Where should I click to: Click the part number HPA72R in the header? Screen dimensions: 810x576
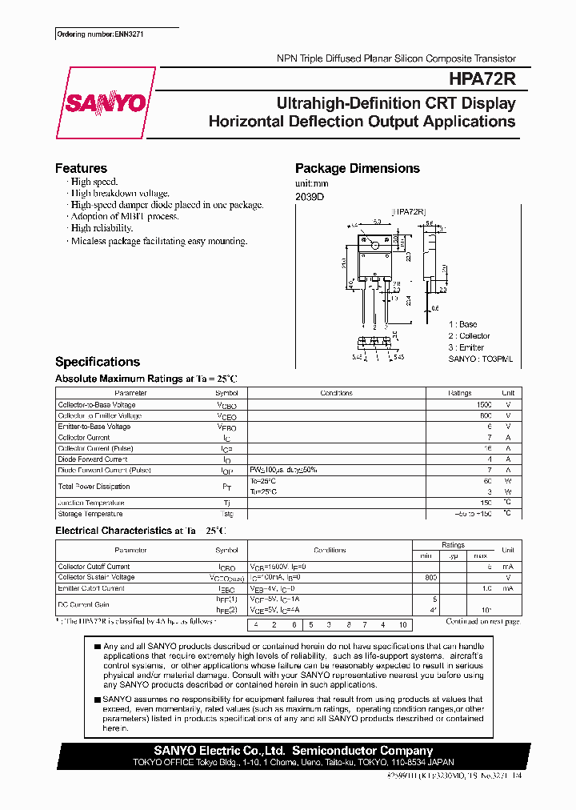482,79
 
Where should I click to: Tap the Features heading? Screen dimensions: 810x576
81,168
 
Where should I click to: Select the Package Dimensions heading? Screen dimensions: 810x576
357,168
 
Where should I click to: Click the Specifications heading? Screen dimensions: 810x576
97,362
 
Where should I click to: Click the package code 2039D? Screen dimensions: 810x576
310,196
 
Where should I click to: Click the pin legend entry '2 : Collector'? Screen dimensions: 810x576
469,336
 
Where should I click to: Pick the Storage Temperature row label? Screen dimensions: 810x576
90,514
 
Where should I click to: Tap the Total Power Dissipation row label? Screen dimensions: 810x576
94,487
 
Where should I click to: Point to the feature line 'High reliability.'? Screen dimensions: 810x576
101,228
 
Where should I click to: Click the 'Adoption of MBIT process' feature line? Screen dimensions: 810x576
124,216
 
